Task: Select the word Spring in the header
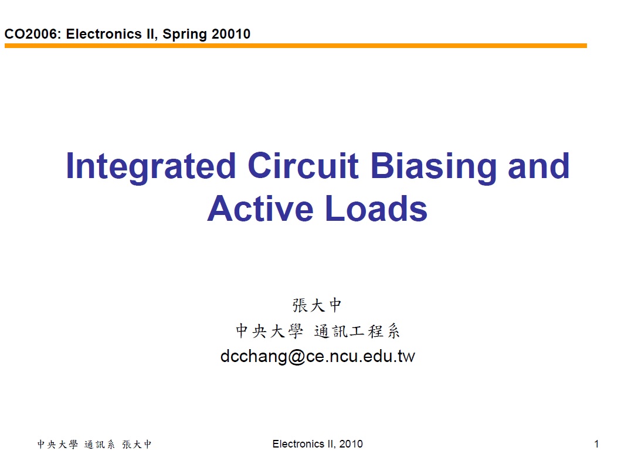[185, 35]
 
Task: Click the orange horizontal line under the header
[296, 46]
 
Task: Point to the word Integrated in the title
[151, 167]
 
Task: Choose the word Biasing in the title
[433, 167]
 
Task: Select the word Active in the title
[260, 208]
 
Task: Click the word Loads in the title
[376, 208]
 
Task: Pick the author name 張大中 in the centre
[317, 305]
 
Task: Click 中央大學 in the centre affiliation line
[269, 331]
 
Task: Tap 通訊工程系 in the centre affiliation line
[357, 331]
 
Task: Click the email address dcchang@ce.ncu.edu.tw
[317, 357]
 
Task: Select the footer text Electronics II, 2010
[317, 444]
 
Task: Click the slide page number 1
[596, 444]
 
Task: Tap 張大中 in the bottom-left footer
[137, 445]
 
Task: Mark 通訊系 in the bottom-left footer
[100, 445]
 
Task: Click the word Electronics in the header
[104, 34]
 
